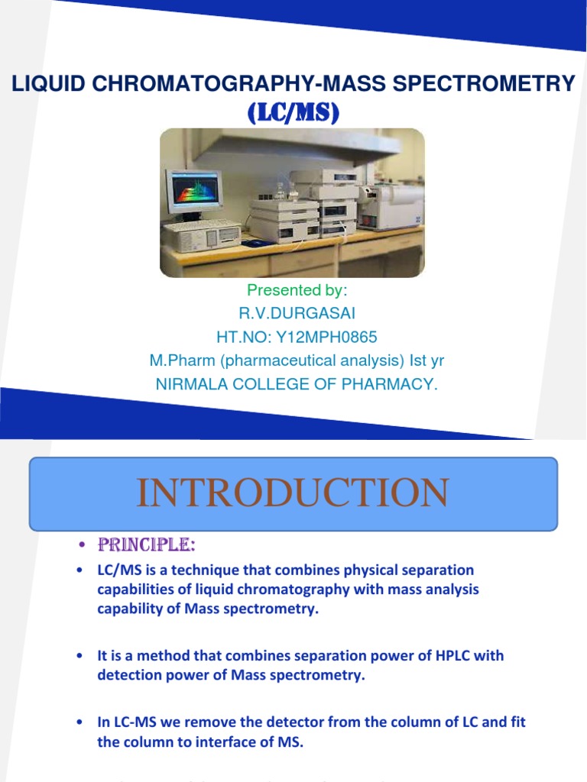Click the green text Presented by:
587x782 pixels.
click(297, 290)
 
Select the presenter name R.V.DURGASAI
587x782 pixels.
click(297, 314)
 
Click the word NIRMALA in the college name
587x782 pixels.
click(188, 384)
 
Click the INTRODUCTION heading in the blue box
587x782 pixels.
click(293, 493)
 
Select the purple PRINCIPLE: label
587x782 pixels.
click(146, 545)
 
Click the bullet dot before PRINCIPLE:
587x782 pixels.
click(80, 547)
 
